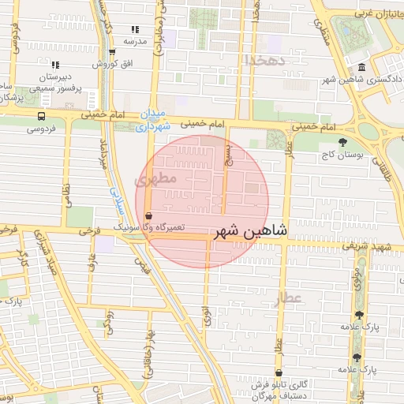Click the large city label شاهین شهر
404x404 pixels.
(251, 233)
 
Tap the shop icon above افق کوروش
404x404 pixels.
(113, 51)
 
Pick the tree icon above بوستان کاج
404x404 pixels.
(341, 142)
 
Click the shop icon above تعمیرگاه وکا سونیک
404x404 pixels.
(149, 215)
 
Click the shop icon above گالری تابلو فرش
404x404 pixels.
(279, 373)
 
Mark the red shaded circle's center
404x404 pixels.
(203, 201)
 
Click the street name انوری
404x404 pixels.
(207, 315)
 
